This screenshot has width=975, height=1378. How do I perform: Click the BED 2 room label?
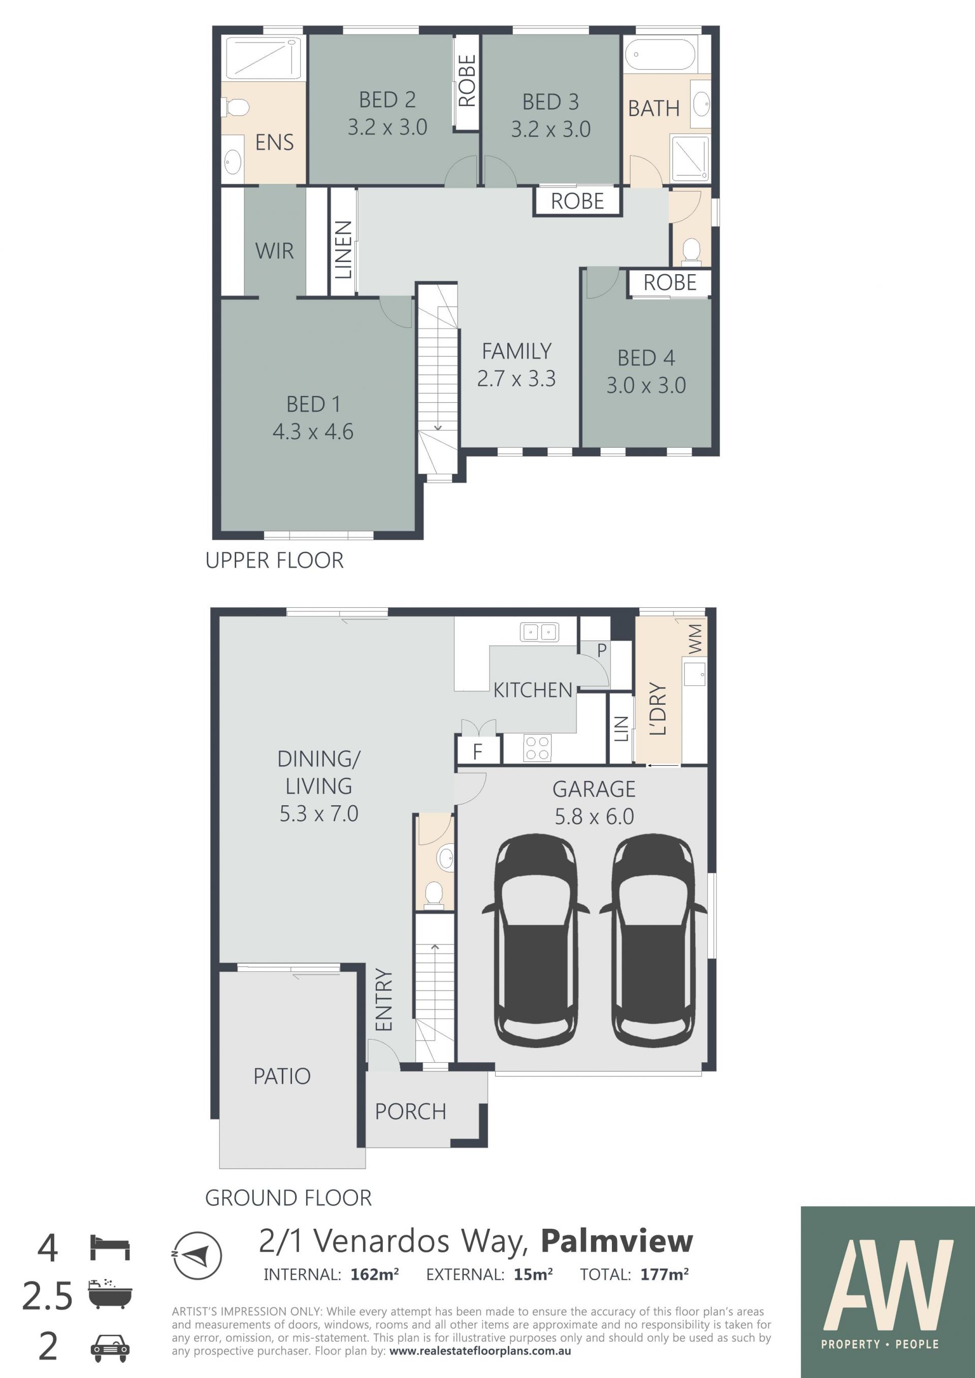387,100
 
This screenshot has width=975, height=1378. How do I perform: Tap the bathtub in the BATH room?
660,55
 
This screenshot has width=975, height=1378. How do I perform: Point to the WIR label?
274,251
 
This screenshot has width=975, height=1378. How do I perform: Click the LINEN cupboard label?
343,250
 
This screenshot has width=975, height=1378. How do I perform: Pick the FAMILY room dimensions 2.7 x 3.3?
516,379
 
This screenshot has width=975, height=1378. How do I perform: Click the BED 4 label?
646,358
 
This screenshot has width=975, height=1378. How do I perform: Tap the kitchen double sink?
539,632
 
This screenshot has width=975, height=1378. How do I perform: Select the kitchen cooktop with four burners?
537,748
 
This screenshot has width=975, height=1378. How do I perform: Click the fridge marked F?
478,751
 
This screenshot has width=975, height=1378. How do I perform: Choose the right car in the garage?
653,940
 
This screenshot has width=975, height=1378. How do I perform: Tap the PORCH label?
411,1111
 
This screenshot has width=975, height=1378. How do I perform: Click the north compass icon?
197,1255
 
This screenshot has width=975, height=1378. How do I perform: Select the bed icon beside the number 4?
110,1247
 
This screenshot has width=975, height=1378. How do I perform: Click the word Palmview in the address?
617,1241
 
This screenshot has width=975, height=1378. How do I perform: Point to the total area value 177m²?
665,1274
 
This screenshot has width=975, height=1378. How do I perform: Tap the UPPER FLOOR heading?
274,561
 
